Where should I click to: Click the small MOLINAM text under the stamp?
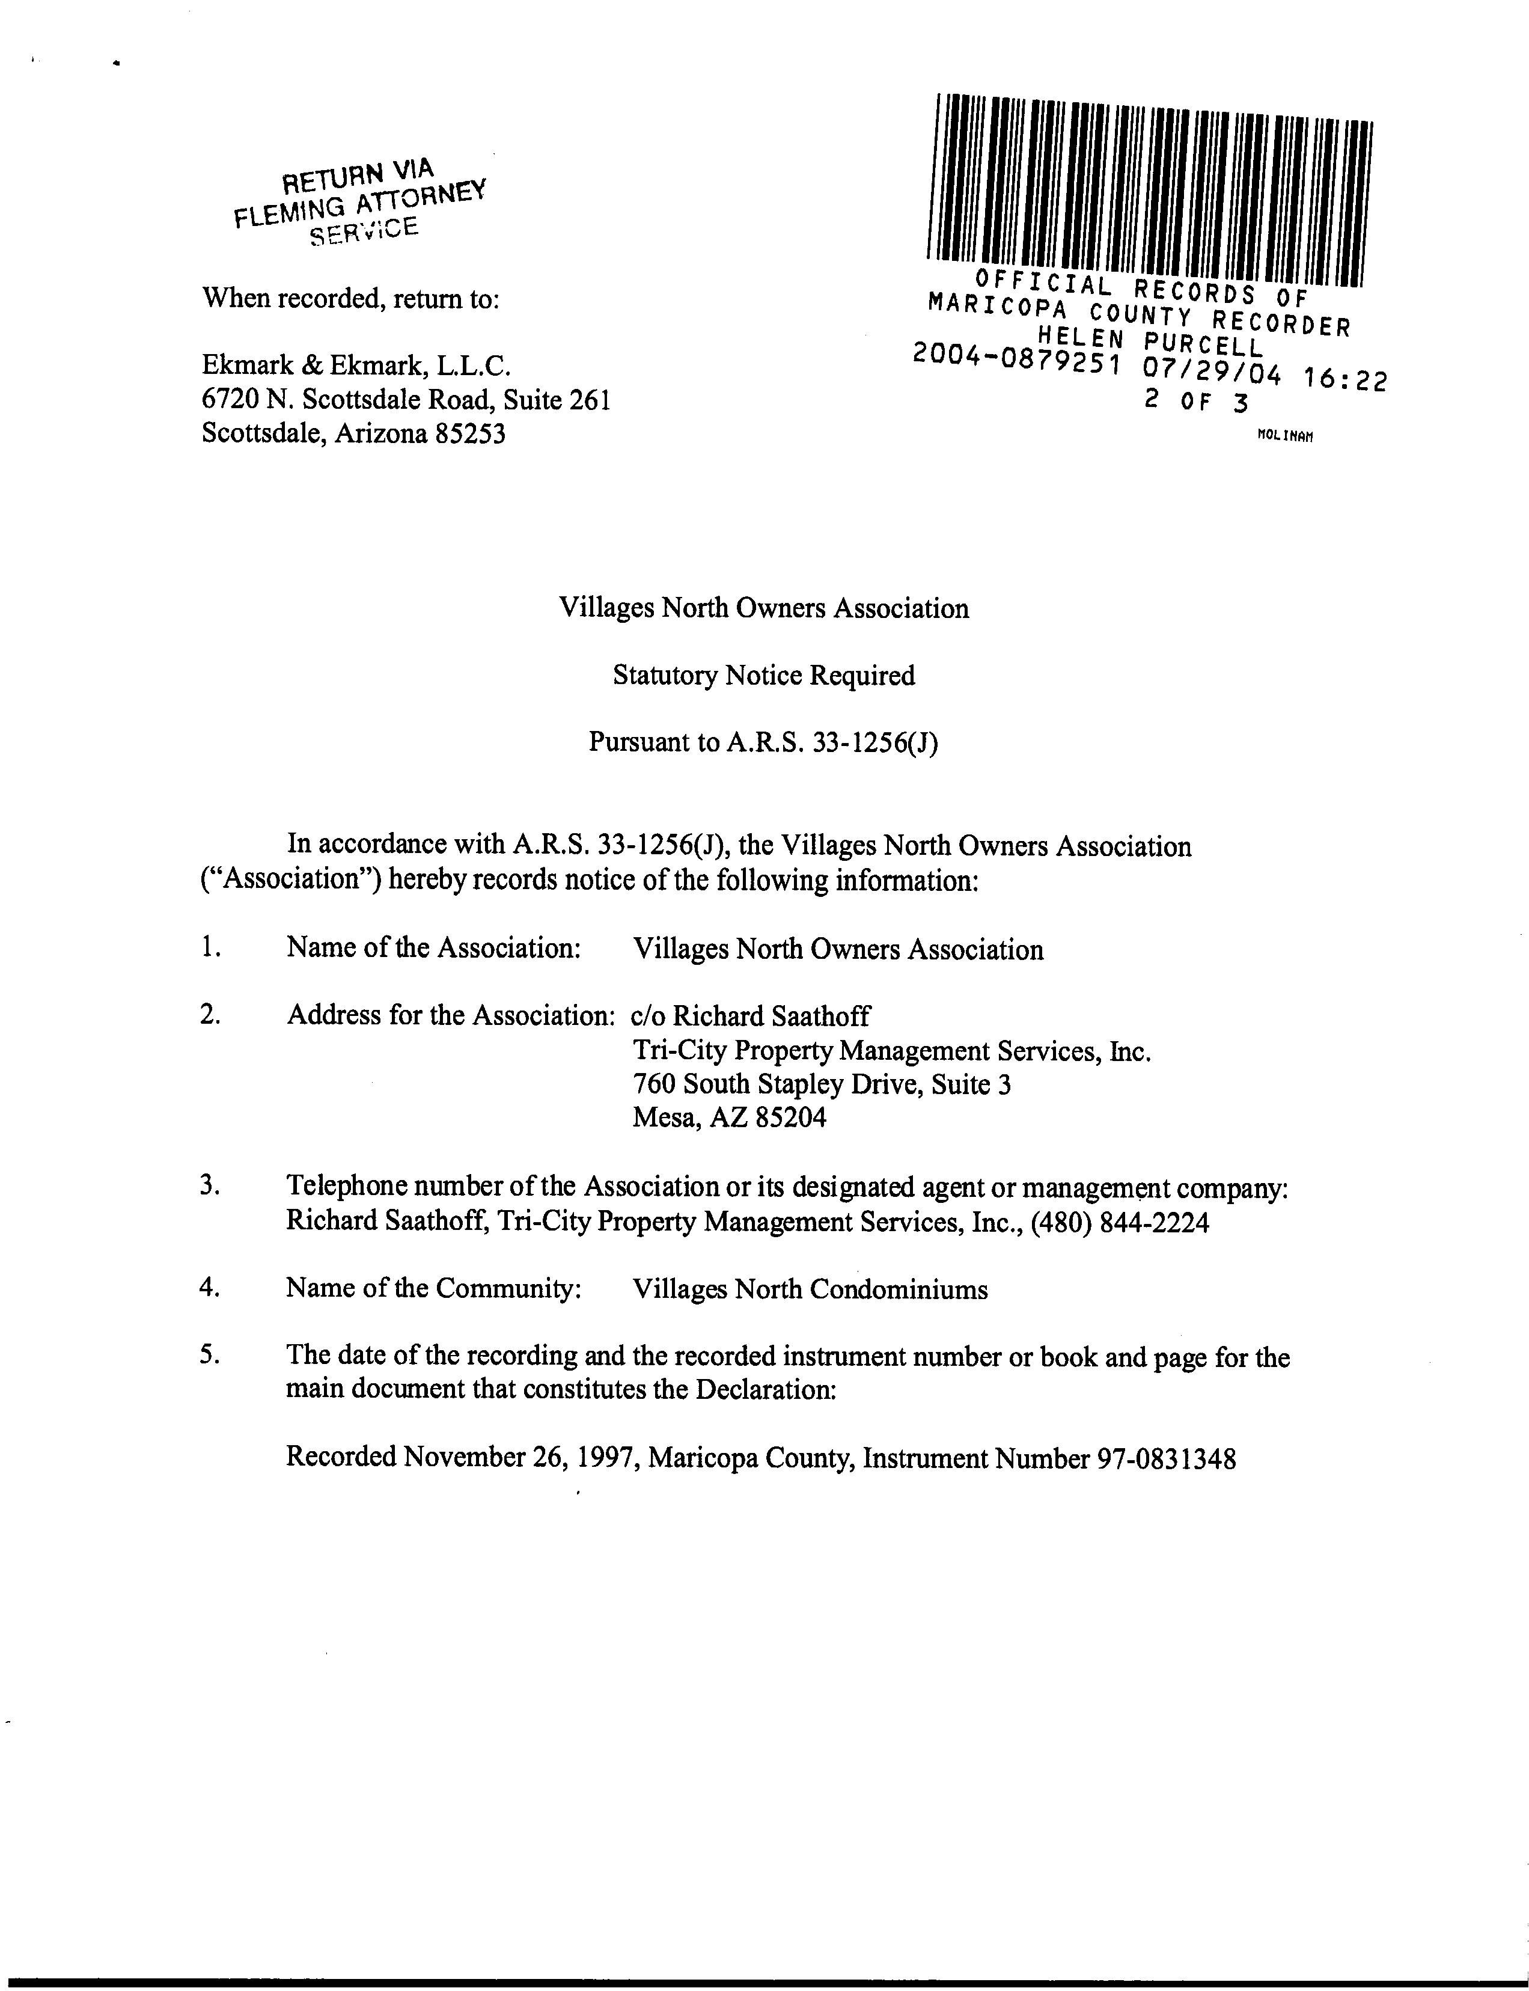pos(1285,436)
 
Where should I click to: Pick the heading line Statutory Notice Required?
pos(763,676)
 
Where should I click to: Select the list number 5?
pos(209,1356)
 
